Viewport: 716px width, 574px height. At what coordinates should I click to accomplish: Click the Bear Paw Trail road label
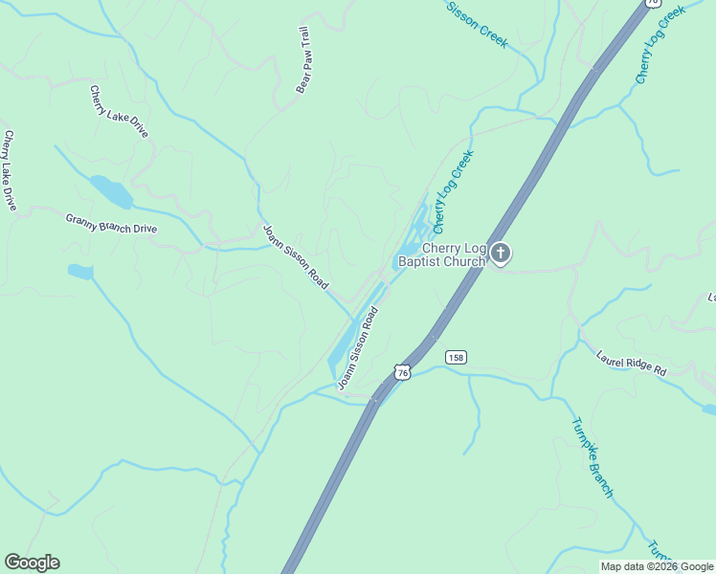(x=303, y=59)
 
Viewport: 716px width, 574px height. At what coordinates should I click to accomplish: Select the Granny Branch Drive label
(x=111, y=223)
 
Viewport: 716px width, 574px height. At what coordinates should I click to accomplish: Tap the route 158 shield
(x=456, y=357)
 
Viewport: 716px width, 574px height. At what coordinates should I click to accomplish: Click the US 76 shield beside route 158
(x=403, y=370)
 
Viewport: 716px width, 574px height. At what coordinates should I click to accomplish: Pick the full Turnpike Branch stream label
(x=592, y=457)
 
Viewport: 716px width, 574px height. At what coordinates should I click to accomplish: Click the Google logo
(x=32, y=563)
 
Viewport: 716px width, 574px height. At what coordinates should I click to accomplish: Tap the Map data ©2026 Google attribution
(x=658, y=566)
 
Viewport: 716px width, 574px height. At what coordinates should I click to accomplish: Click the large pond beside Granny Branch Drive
(x=111, y=191)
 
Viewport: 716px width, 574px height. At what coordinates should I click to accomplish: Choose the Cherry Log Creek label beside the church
(x=454, y=191)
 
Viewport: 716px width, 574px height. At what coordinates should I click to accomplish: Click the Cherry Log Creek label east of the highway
(x=660, y=44)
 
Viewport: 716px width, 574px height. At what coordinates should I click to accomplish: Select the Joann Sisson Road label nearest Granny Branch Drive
(x=295, y=257)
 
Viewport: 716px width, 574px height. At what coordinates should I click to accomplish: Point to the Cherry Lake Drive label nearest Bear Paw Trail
(x=119, y=111)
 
